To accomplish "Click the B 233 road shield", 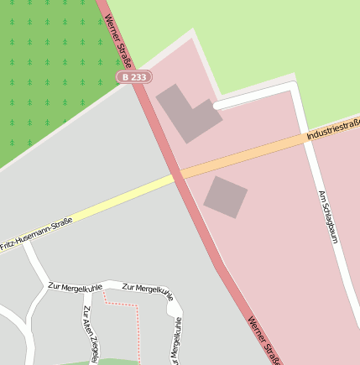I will [x=134, y=76].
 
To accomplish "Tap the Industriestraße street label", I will [x=332, y=130].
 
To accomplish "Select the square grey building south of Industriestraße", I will [x=225, y=197].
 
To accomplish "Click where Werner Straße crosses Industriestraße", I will [x=177, y=174].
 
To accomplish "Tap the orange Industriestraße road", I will [x=252, y=154].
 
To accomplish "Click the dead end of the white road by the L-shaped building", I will [x=217, y=107].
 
